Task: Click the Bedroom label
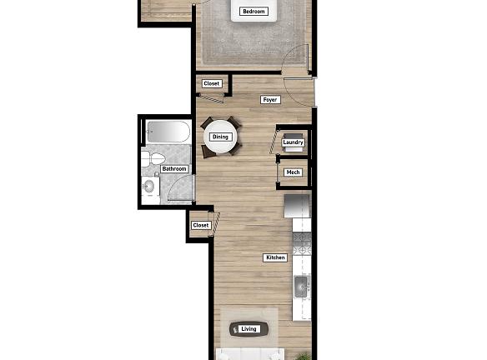(253, 12)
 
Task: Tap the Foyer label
(269, 100)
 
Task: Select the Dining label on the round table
(220, 137)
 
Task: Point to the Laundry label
(293, 142)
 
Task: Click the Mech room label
(293, 172)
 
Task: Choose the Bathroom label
(174, 169)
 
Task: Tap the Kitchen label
(275, 257)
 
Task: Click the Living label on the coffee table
(249, 329)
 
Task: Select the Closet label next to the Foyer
(212, 83)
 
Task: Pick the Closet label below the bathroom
(201, 225)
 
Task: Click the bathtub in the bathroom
(168, 131)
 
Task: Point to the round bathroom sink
(149, 187)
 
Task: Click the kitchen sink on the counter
(302, 287)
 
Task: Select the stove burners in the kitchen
(301, 242)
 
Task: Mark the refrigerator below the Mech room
(298, 206)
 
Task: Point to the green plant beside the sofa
(306, 356)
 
